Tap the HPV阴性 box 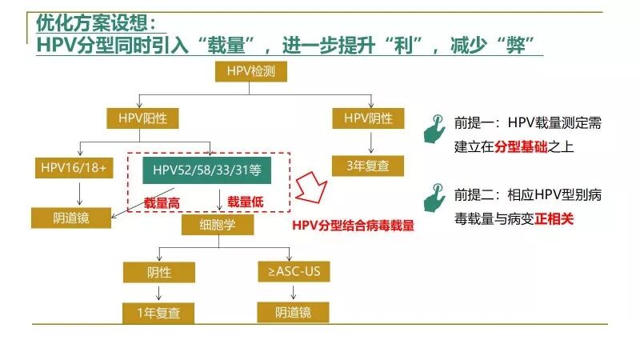point(369,118)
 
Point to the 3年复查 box point(369,166)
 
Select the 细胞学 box point(217,225)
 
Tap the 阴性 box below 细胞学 point(159,272)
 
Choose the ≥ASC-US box point(294,272)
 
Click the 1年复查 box point(159,313)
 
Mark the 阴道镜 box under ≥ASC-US point(294,313)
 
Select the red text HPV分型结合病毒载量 point(353,226)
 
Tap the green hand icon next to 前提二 point(434,196)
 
